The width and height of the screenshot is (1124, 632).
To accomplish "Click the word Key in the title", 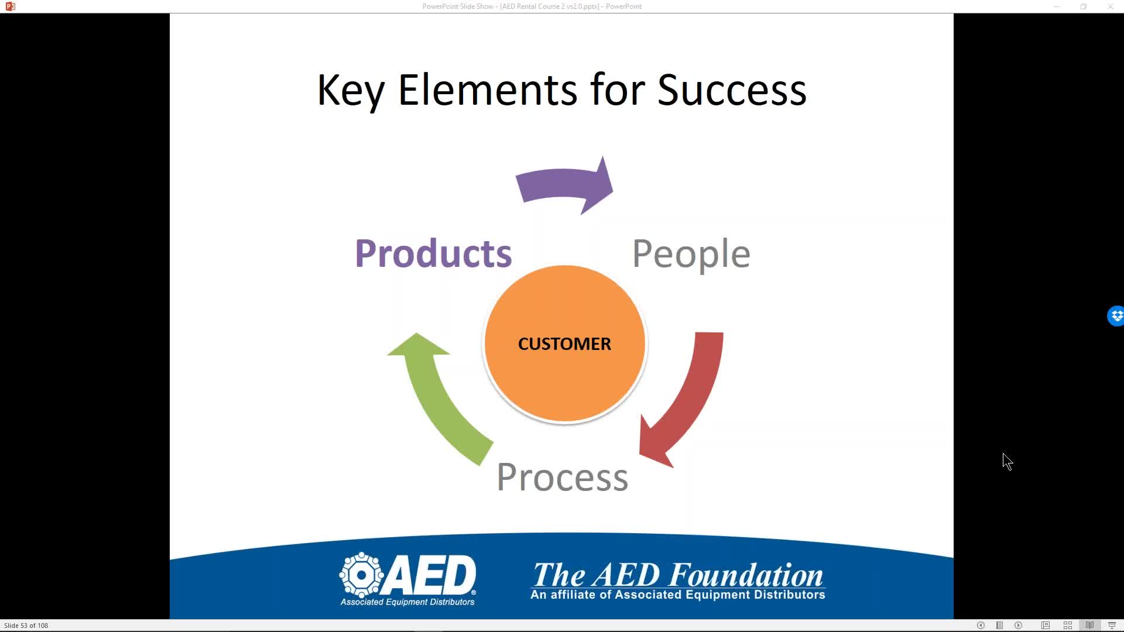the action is click(351, 91).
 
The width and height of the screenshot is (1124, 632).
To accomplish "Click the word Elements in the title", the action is click(488, 90).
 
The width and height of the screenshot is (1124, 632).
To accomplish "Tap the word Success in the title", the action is click(732, 90).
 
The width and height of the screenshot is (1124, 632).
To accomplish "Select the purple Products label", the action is click(433, 253).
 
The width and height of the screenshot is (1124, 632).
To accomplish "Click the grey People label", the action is click(691, 254).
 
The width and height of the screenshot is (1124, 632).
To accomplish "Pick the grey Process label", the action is click(562, 477).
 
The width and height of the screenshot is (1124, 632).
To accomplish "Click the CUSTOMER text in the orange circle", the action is click(564, 344).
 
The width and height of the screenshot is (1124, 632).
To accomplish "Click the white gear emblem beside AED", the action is click(361, 575).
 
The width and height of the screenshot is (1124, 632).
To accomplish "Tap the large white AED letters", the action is click(431, 575).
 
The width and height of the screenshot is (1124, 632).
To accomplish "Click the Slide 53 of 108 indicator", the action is click(26, 626).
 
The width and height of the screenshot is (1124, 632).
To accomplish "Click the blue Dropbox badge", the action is click(1115, 316).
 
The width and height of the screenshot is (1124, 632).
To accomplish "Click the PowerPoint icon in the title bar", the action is click(10, 6).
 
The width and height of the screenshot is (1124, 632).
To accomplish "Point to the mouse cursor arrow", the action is click(1007, 462).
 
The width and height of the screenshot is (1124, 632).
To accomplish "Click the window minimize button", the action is click(1057, 6).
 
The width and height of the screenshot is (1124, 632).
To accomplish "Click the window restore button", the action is click(1084, 6).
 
